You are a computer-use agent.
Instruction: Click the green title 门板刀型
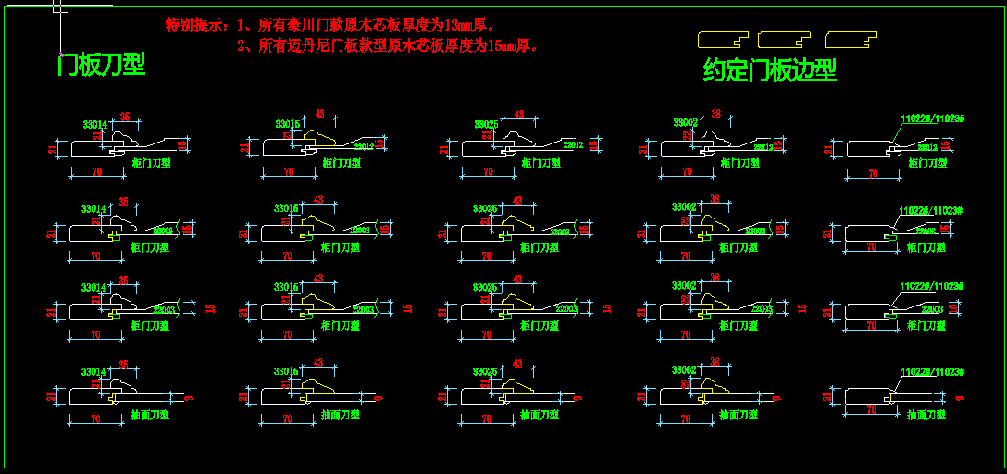[x=102, y=64]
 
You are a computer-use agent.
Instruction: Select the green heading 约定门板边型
[x=770, y=70]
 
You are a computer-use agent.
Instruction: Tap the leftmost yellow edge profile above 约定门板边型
[x=723, y=40]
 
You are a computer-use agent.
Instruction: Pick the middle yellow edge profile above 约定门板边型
[x=784, y=40]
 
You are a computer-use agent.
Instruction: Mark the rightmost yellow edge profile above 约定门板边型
[x=851, y=40]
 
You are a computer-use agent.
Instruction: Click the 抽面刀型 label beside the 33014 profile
[x=150, y=415]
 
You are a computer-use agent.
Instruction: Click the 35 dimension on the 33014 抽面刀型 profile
[x=123, y=364]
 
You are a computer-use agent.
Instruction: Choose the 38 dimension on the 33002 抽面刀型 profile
[x=715, y=362]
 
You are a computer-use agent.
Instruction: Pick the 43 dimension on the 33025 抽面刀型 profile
[x=516, y=364]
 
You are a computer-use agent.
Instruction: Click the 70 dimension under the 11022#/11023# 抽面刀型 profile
[x=871, y=408]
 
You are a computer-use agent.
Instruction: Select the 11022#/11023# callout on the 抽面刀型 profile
[x=933, y=372]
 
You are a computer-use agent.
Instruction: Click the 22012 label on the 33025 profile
[x=573, y=144]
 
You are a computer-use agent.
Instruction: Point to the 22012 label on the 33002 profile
[x=764, y=147]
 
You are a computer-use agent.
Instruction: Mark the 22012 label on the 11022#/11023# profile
[x=927, y=147]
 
